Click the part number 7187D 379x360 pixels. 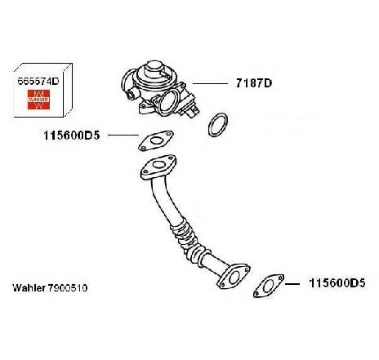tap(254, 83)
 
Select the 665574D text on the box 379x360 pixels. tap(38, 81)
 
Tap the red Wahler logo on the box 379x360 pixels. tap(38, 100)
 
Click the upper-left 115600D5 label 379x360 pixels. tap(72, 136)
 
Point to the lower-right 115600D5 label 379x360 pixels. tap(337, 283)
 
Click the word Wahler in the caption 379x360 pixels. tap(29, 288)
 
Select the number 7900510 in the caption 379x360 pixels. tap(68, 288)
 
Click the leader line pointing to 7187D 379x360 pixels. tap(210, 83)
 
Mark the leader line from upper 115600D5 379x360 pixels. tap(123, 135)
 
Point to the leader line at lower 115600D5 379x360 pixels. tap(292, 284)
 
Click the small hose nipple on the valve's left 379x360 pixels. tap(132, 95)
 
